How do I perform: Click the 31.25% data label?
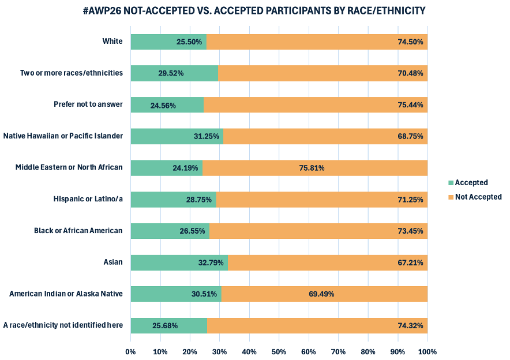[x=207, y=136]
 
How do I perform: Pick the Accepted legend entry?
[x=471, y=183]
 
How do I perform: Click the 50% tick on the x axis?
[x=279, y=351]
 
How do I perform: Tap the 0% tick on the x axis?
[x=130, y=351]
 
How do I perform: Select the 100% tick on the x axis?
[x=427, y=351]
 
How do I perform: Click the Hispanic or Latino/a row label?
[x=88, y=199]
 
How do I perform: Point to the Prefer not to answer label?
[x=88, y=104]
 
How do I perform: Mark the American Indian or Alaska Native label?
[x=66, y=294]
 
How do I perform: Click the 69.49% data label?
[x=321, y=294]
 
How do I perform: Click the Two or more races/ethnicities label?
[x=72, y=73]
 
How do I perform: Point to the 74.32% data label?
[x=410, y=325]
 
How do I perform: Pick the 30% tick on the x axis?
[x=220, y=351]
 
